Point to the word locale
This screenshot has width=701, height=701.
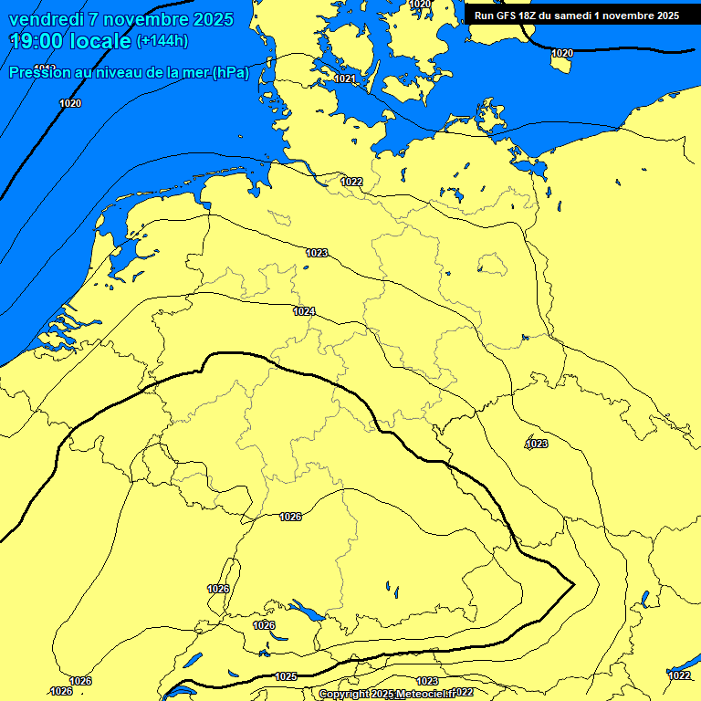click(102, 41)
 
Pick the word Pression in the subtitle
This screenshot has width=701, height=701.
click(35, 73)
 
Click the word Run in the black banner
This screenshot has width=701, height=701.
click(484, 16)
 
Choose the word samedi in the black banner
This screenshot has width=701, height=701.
click(579, 16)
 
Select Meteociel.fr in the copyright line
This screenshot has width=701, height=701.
click(424, 695)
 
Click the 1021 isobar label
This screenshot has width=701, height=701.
click(345, 79)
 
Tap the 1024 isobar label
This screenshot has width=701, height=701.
click(305, 312)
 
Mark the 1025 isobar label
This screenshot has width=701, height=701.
click(286, 676)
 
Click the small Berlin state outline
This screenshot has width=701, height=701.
click(493, 265)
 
